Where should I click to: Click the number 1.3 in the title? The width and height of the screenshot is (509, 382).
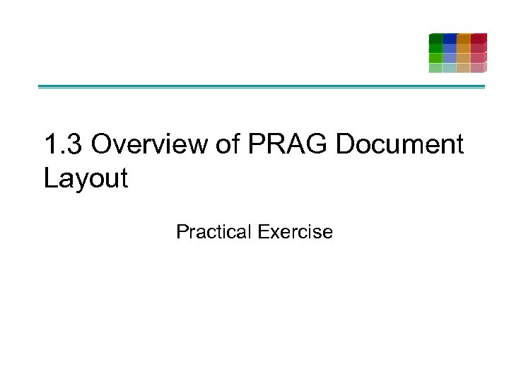(64, 144)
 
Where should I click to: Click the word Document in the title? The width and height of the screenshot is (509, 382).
(399, 144)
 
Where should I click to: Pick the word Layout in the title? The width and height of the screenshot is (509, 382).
(86, 178)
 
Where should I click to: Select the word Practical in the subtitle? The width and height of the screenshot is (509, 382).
(214, 231)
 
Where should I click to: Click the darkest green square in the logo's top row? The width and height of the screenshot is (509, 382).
(436, 38)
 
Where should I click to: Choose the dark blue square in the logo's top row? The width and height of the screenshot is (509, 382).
(450, 38)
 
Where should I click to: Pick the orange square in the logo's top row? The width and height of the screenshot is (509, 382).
(464, 38)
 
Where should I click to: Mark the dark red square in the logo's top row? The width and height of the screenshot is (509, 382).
(479, 38)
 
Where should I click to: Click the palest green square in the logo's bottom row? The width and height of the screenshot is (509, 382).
(435, 68)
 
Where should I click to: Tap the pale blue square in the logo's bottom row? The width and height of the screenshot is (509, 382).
(450, 68)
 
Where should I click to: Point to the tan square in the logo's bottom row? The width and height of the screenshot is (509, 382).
(464, 68)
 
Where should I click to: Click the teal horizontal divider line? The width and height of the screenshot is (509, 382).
(262, 87)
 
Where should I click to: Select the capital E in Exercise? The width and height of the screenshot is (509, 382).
(263, 231)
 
